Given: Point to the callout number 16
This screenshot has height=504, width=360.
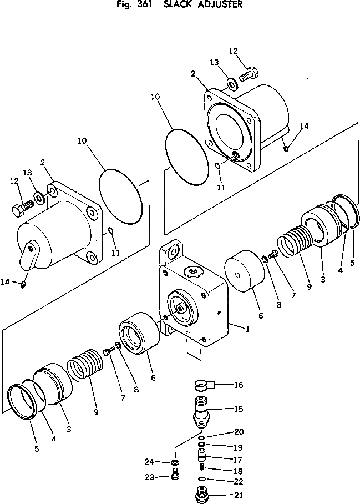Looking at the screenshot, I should [239, 384].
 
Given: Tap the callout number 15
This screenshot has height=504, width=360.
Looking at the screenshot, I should [239, 410].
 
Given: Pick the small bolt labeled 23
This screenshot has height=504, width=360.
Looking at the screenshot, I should [175, 477].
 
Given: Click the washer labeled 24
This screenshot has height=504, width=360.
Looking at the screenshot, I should [175, 462].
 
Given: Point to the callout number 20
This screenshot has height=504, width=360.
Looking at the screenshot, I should [239, 432].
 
